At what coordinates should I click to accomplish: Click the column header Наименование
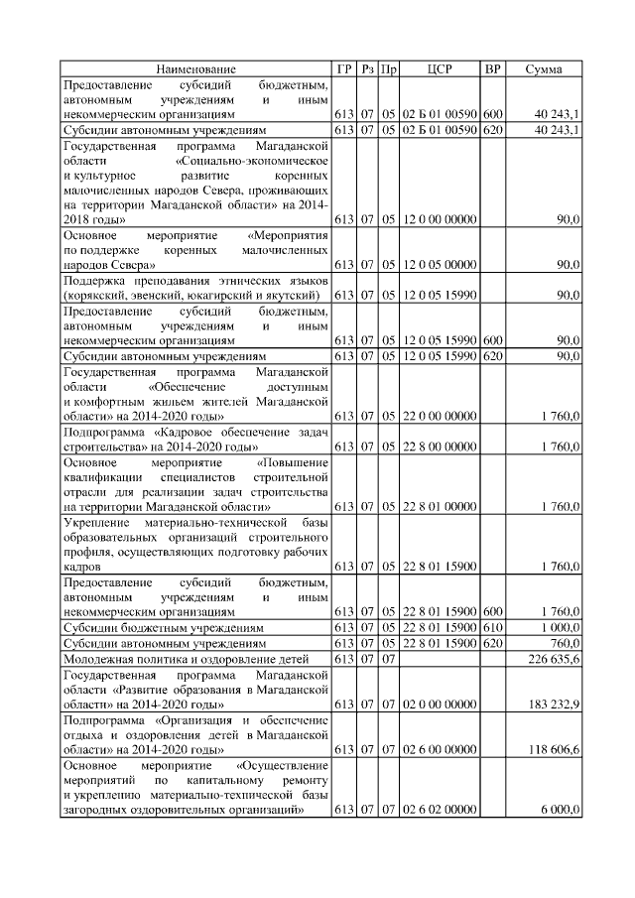195,69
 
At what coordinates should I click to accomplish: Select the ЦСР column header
440,69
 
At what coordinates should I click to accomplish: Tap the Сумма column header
544,69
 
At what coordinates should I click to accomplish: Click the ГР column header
344,69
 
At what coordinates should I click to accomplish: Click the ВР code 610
493,627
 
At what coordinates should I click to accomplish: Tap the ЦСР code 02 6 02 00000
440,812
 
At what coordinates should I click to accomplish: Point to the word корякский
94,295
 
